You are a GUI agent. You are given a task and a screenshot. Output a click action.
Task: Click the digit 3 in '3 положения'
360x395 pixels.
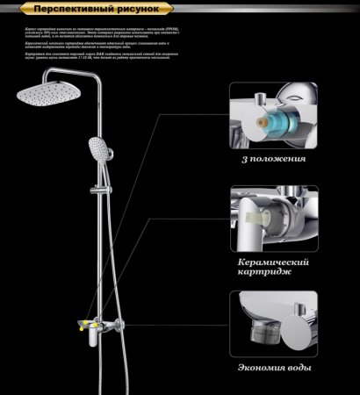tap(241, 160)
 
